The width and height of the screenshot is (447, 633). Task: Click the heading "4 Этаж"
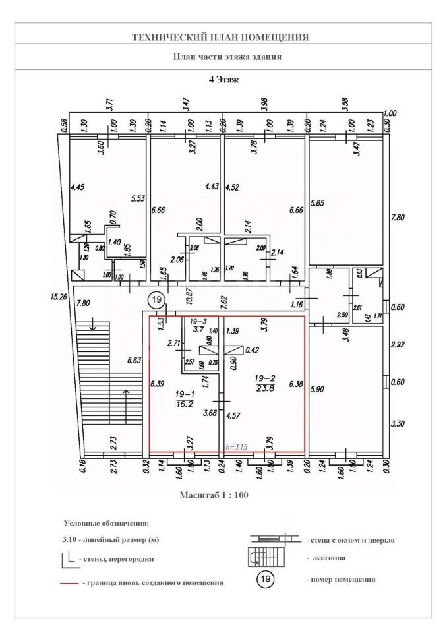tap(223, 80)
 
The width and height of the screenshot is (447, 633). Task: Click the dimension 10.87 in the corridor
tap(189, 296)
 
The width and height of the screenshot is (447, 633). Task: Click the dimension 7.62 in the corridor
tap(224, 301)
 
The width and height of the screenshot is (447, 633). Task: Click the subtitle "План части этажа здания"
tap(227, 57)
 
